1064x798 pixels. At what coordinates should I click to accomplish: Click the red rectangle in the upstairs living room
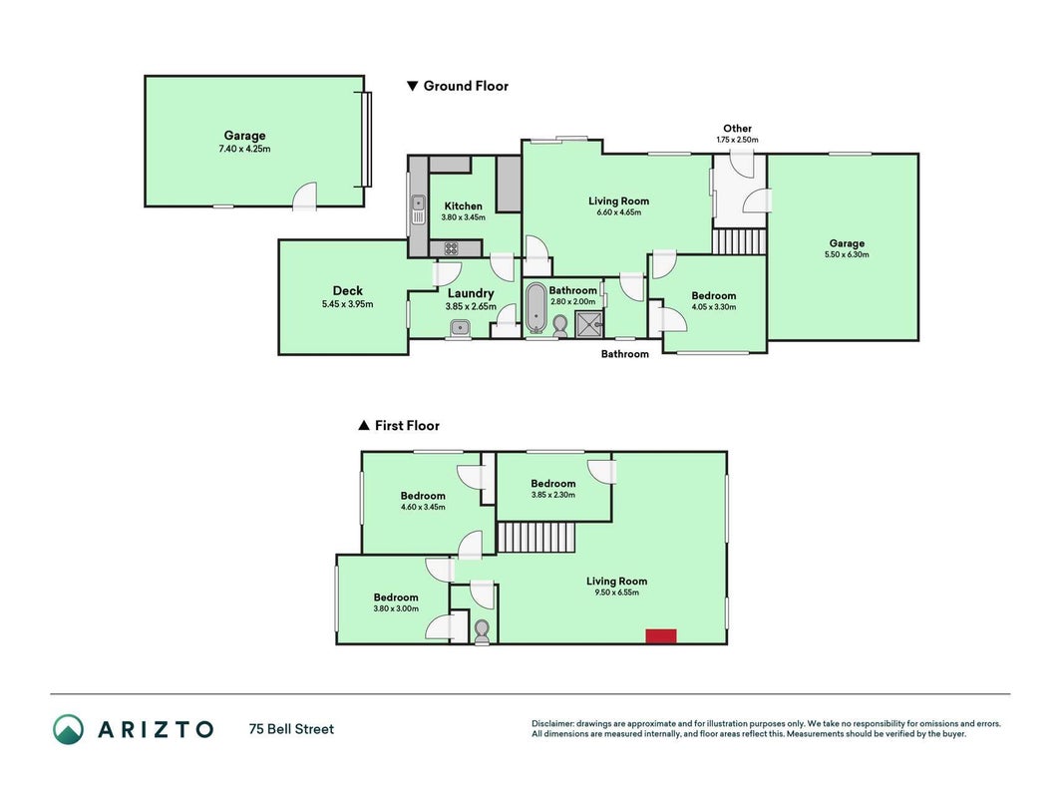coord(660,635)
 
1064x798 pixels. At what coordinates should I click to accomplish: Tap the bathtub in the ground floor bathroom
coord(536,309)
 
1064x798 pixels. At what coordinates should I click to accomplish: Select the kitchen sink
coord(418,209)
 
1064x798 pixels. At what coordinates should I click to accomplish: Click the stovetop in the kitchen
coord(451,248)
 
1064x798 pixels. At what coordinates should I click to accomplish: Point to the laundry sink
coord(460,328)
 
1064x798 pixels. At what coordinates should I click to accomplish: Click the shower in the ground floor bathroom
coord(589,324)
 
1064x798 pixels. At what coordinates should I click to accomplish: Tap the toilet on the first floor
coord(482,632)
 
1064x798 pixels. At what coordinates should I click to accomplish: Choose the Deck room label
coord(347,290)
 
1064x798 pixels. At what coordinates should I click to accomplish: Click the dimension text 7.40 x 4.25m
coord(244,149)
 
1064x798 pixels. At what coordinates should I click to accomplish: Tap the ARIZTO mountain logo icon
coord(69,729)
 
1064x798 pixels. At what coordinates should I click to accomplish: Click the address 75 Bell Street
coord(292,729)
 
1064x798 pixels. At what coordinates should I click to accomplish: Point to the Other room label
coord(737,129)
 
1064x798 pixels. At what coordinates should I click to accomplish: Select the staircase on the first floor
coord(536,537)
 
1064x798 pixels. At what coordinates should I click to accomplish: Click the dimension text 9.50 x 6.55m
coord(616,593)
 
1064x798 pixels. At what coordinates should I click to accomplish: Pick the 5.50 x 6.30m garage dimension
coord(847,254)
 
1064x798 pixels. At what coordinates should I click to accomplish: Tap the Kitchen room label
coord(463,205)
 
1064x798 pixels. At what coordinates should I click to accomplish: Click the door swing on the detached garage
coord(305,197)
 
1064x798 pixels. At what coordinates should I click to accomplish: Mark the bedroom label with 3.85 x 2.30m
coord(553,483)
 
